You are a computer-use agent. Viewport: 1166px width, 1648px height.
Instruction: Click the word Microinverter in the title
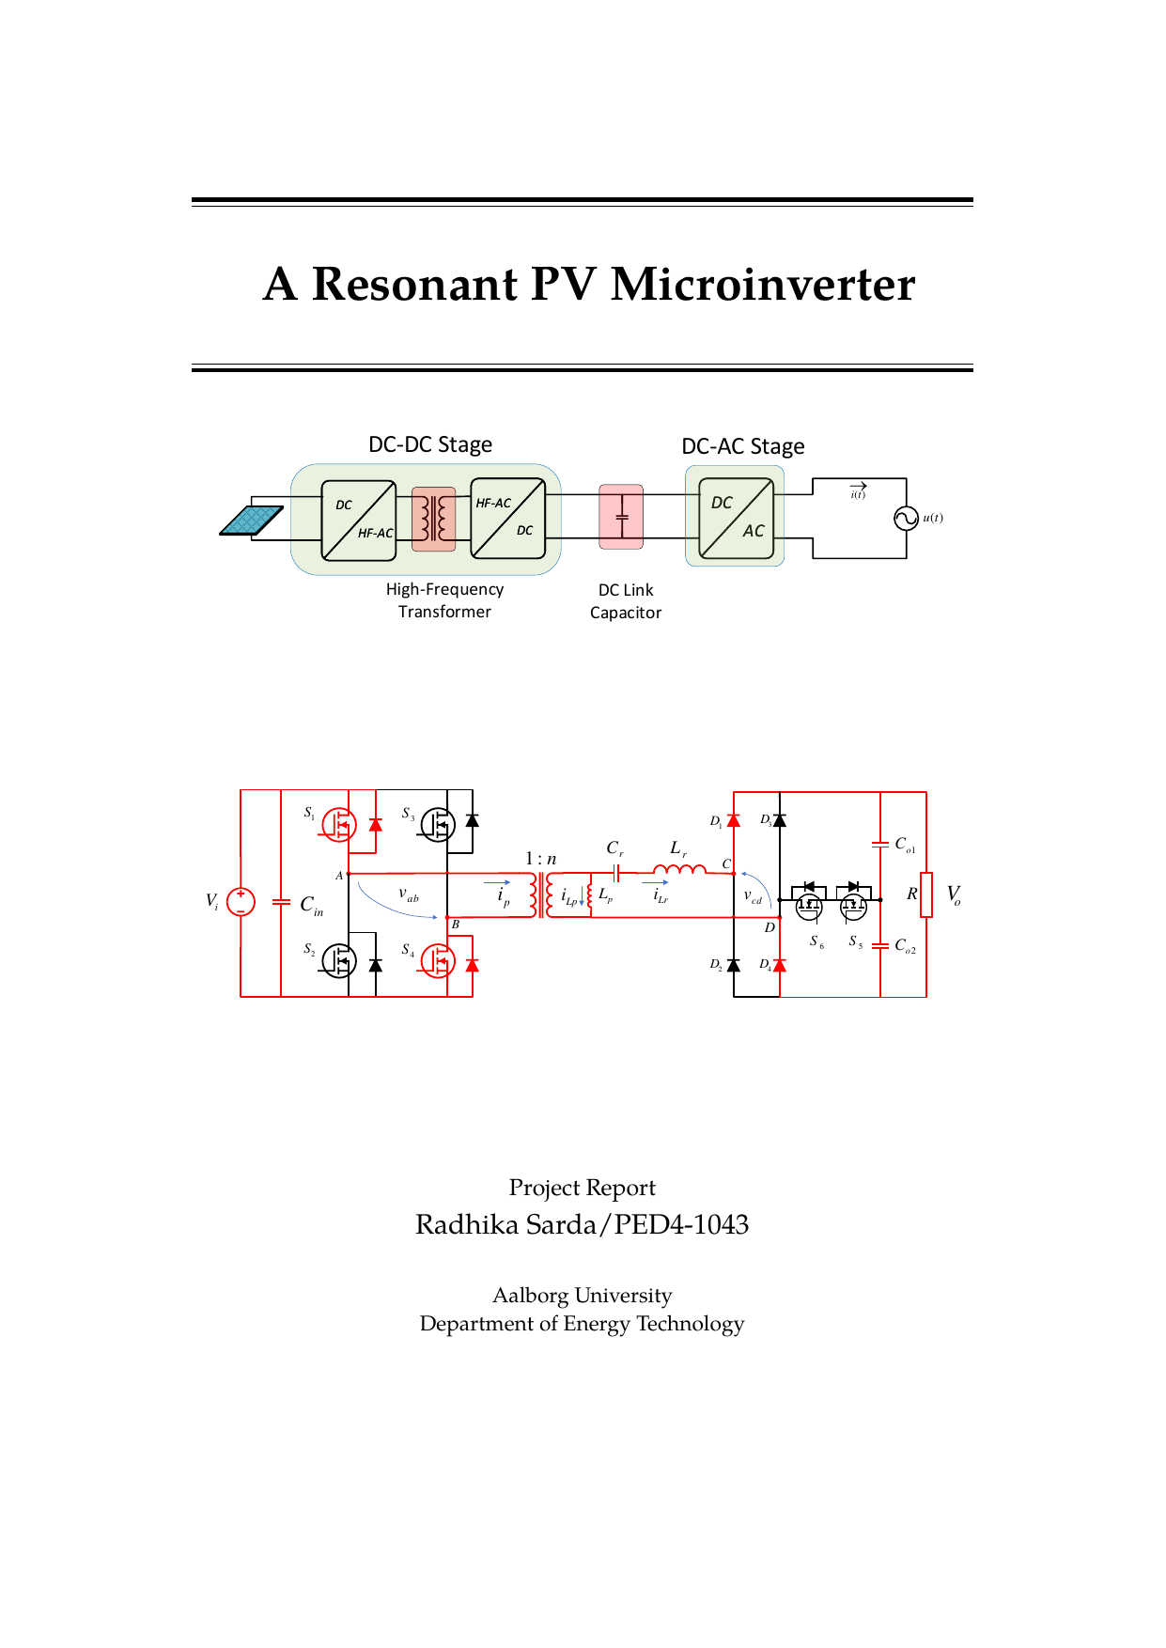click(x=762, y=284)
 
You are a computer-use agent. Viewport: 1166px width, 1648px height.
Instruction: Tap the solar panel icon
click(x=251, y=520)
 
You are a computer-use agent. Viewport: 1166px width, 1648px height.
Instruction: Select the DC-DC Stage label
click(x=429, y=444)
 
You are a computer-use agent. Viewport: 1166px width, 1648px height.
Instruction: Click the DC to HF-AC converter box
click(x=358, y=521)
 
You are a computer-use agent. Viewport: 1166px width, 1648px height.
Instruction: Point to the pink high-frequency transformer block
click(x=433, y=519)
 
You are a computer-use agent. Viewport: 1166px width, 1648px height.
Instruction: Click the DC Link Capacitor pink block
click(x=621, y=517)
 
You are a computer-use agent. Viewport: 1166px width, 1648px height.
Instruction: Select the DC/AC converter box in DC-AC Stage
click(x=736, y=518)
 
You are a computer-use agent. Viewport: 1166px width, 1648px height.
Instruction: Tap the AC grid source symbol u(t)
click(x=906, y=519)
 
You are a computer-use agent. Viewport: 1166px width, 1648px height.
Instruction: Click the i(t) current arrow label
click(x=858, y=491)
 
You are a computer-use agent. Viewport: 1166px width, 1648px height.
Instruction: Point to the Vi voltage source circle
click(x=241, y=901)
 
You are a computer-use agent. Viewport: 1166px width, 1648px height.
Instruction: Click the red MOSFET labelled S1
click(x=338, y=824)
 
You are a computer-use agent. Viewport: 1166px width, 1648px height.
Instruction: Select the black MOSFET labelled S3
click(x=437, y=824)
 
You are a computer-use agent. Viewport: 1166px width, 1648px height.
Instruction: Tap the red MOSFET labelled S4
click(x=437, y=960)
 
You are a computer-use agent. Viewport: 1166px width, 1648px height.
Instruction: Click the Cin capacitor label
click(x=311, y=905)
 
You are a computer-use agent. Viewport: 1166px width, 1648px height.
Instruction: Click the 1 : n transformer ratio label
click(x=540, y=859)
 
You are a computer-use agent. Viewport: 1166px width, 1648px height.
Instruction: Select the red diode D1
click(x=734, y=820)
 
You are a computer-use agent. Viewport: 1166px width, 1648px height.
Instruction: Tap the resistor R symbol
click(x=926, y=894)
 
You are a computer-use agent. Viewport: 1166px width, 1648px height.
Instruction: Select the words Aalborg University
click(x=582, y=1296)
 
